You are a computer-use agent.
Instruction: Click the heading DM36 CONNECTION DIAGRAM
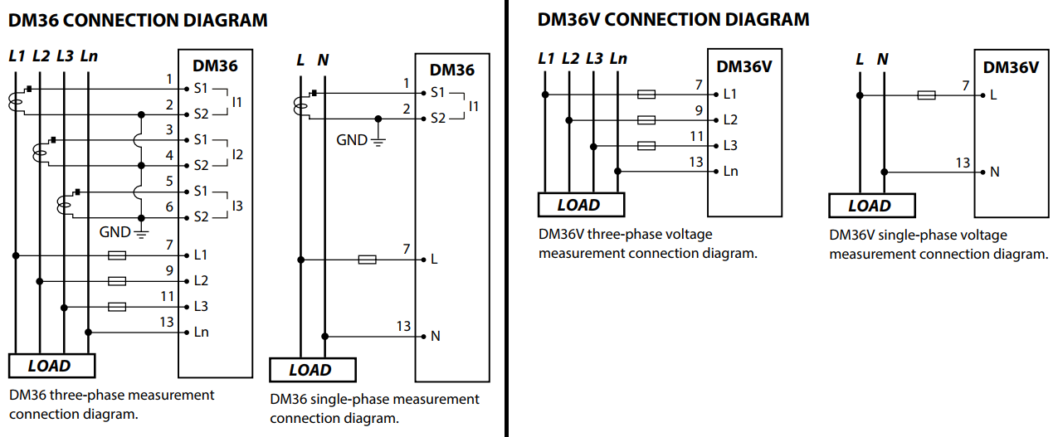click(138, 20)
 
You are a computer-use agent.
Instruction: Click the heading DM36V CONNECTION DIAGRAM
click(673, 19)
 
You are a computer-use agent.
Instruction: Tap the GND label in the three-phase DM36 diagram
click(115, 232)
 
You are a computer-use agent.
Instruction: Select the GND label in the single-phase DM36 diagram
click(351, 140)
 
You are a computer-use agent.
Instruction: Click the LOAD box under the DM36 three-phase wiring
click(51, 366)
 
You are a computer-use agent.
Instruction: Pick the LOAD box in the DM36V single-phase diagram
click(870, 206)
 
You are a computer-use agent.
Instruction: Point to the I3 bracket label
click(237, 206)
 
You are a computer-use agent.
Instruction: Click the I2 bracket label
click(237, 153)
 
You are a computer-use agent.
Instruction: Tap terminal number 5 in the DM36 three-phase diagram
click(169, 182)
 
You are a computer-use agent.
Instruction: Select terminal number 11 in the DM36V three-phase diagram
click(697, 137)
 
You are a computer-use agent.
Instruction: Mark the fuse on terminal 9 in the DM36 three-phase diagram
click(118, 281)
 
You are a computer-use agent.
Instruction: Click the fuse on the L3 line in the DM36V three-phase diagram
click(646, 146)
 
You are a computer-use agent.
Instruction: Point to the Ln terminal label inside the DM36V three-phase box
click(730, 172)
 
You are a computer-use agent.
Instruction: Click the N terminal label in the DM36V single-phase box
click(994, 172)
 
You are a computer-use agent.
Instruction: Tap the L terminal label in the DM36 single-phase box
click(433, 260)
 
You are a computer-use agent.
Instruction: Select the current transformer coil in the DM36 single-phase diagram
click(300, 104)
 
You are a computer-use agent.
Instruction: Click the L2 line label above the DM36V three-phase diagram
click(570, 58)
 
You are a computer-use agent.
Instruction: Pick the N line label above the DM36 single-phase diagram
click(324, 60)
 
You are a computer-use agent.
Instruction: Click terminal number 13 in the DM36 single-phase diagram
click(404, 327)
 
